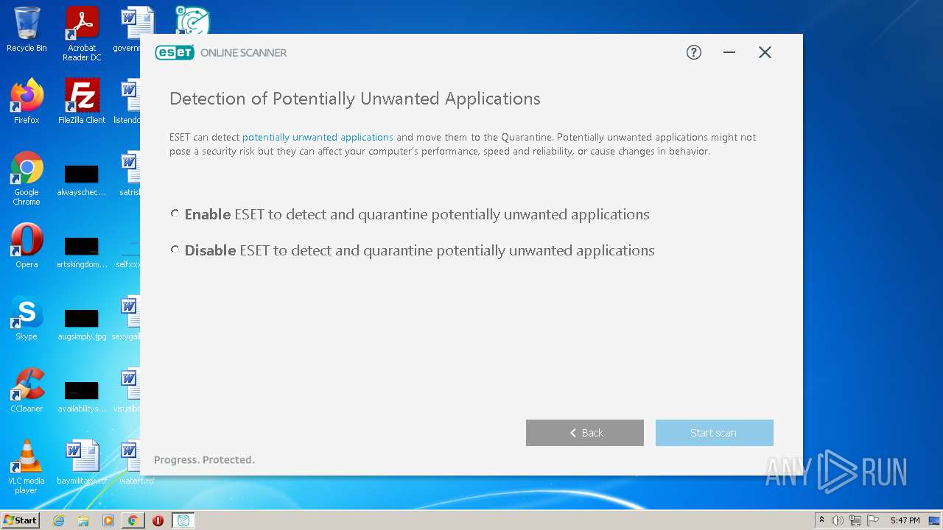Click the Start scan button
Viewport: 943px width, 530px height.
[x=714, y=433]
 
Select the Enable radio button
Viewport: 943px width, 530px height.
[x=175, y=214]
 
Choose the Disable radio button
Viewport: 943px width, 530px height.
[x=175, y=250]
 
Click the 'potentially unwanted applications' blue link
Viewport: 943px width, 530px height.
[x=318, y=137]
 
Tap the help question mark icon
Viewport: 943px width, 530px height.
[x=694, y=52]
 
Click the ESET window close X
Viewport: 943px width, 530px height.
[x=765, y=52]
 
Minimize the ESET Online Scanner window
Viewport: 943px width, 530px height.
[x=729, y=52]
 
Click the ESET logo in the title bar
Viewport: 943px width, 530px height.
[x=175, y=52]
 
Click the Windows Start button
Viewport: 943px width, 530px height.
[x=21, y=520]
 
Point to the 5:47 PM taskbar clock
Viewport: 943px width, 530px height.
[x=905, y=520]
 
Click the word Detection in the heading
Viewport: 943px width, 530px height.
[x=207, y=99]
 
